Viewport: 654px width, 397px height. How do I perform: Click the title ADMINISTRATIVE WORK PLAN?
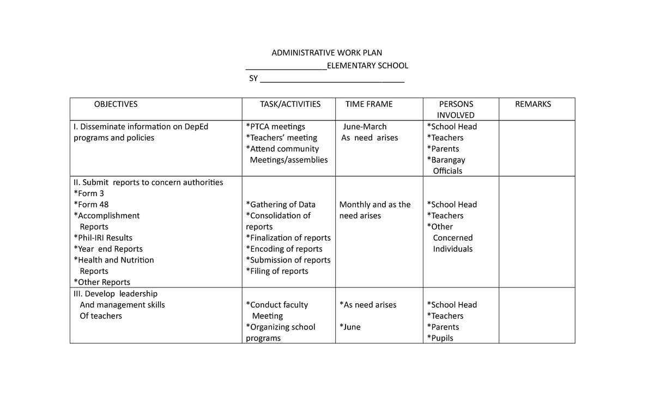pyautogui.click(x=327, y=53)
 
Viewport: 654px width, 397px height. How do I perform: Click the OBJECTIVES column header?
pyautogui.click(x=116, y=104)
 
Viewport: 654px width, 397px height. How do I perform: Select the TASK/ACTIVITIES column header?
pyautogui.click(x=290, y=104)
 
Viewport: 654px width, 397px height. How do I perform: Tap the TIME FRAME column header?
pyautogui.click(x=369, y=104)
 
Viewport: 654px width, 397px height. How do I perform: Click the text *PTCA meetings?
pyautogui.click(x=275, y=127)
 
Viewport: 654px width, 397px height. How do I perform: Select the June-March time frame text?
pyautogui.click(x=365, y=127)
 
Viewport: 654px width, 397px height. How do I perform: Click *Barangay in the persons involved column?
pyautogui.click(x=446, y=160)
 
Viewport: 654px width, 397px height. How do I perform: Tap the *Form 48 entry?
pyautogui.click(x=91, y=205)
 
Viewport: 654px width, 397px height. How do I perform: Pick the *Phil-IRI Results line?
pyautogui.click(x=102, y=238)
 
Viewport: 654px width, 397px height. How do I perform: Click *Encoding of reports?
pyautogui.click(x=284, y=249)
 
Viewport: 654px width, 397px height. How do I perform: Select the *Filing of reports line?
pyautogui.click(x=277, y=271)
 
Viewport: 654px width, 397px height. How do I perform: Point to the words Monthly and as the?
pyautogui.click(x=375, y=205)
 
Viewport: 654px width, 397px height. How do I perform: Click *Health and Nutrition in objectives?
pyautogui.click(x=113, y=260)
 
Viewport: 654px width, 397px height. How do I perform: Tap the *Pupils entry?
pyautogui.click(x=440, y=338)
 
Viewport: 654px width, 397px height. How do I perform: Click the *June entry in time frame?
pyautogui.click(x=350, y=327)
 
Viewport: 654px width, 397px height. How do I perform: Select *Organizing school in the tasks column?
pyautogui.click(x=281, y=327)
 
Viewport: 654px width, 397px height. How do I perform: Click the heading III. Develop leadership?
pyautogui.click(x=115, y=294)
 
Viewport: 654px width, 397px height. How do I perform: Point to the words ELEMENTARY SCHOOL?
pyautogui.click(x=367, y=66)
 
